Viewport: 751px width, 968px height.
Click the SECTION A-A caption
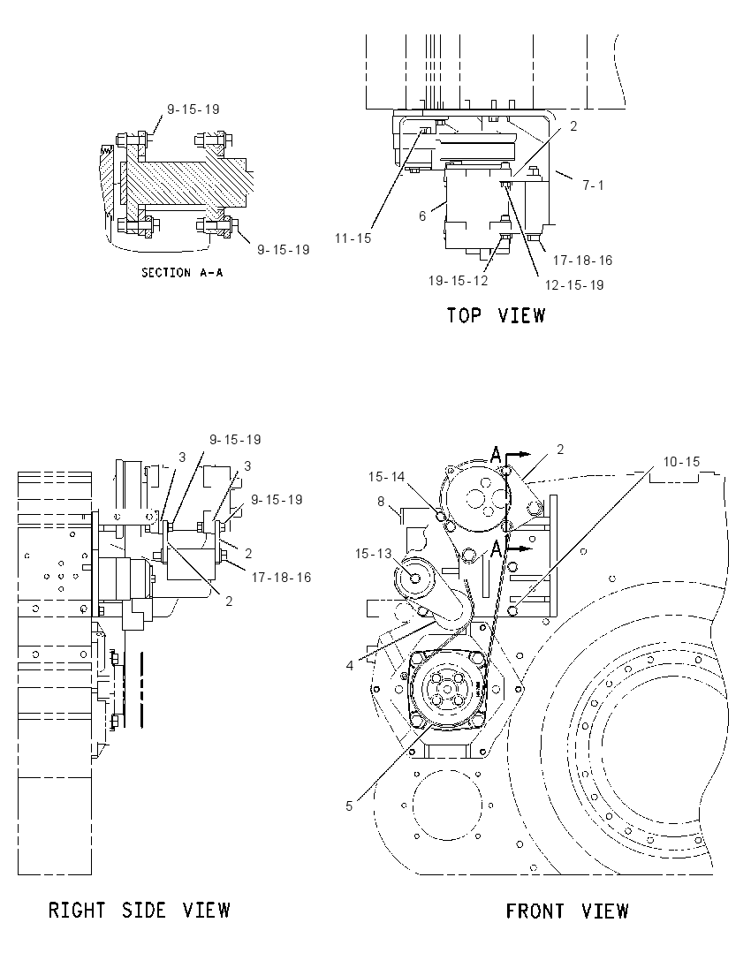tap(182, 272)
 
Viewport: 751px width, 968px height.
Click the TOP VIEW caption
tap(497, 315)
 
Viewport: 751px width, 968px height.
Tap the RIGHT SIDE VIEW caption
tap(140, 910)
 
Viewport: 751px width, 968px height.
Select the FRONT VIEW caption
tap(567, 911)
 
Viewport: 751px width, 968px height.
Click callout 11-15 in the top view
tap(353, 238)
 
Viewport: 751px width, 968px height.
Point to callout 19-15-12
tap(459, 281)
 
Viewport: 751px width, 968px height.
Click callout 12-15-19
tap(574, 285)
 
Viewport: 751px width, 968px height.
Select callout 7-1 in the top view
tap(594, 185)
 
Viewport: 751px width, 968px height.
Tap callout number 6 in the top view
tap(422, 216)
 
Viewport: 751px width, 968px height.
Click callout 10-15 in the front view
tap(682, 462)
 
